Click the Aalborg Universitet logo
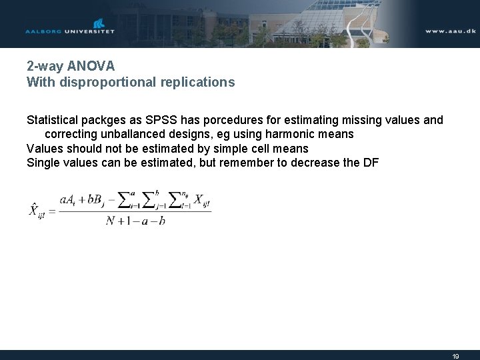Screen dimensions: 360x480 point(69,28)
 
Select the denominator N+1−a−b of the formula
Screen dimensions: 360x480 point(135,221)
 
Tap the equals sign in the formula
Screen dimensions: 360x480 point(53,211)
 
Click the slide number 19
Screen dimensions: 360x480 point(455,356)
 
